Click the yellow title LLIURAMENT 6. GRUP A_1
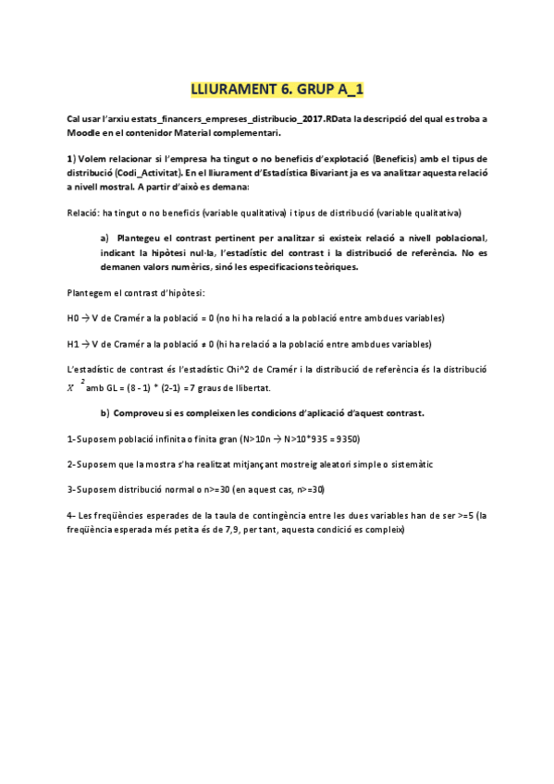277,90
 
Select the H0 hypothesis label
74,318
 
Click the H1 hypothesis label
74,344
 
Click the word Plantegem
93,292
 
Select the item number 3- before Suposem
72,489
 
